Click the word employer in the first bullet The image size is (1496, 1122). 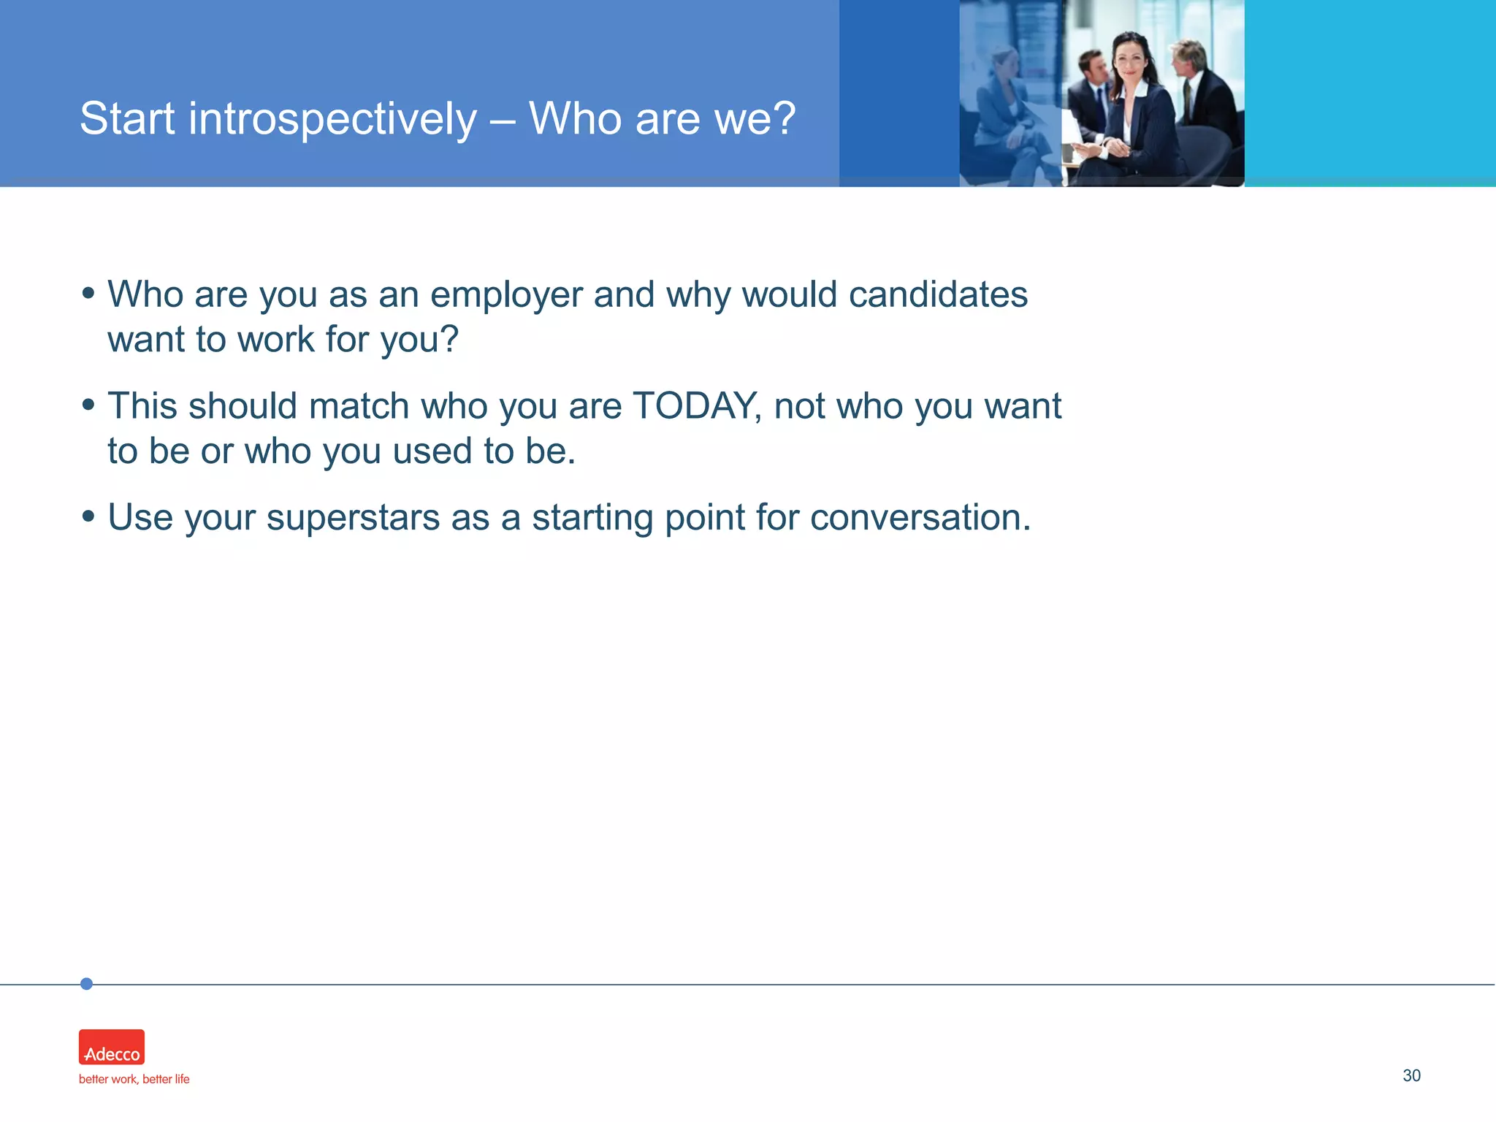coord(505,295)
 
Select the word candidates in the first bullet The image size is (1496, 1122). coord(938,295)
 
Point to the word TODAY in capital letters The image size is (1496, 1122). coord(695,406)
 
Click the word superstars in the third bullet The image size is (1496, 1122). coord(352,518)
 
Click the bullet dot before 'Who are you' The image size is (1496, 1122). coord(88,294)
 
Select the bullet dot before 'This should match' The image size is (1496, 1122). coord(88,405)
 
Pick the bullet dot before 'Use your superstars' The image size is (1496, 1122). coord(88,516)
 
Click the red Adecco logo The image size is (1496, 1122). coord(112,1047)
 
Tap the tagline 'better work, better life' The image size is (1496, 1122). coord(134,1080)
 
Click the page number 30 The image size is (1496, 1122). coord(1411,1075)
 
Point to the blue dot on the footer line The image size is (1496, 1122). coord(86,984)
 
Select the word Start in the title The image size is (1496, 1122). coord(127,118)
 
